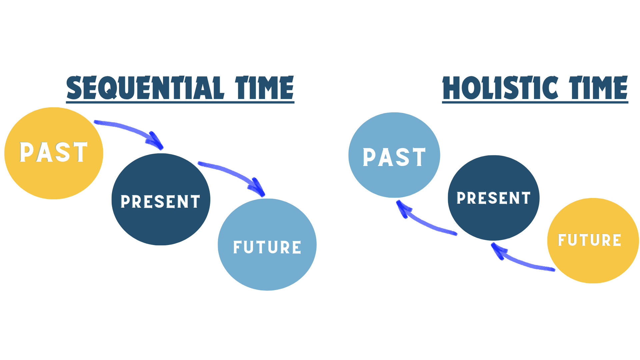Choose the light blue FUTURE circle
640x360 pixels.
coord(267,270)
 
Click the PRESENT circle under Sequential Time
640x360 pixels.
coord(161,223)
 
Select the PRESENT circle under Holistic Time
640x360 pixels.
coord(493,220)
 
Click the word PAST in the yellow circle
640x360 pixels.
coord(54,152)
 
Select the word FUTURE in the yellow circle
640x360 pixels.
coord(589,240)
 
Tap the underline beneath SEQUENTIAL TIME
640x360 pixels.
coord(180,102)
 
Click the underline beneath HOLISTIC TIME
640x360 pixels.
coord(535,102)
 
